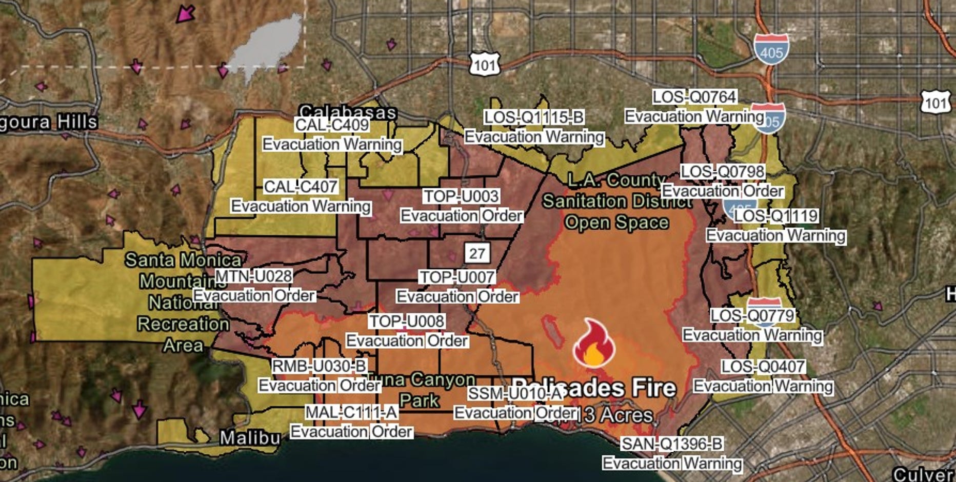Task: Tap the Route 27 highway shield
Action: click(x=477, y=253)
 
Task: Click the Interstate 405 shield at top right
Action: click(x=771, y=50)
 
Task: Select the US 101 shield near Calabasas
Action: click(x=484, y=65)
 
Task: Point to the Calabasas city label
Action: click(x=348, y=111)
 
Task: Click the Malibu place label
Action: click(x=250, y=437)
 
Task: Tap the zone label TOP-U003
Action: click(x=461, y=196)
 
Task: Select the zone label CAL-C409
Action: click(x=332, y=125)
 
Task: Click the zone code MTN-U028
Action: click(x=253, y=276)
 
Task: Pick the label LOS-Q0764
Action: click(x=694, y=96)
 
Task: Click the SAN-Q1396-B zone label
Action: click(x=672, y=444)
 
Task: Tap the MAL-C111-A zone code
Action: click(x=351, y=412)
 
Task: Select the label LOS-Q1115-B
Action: click(x=534, y=117)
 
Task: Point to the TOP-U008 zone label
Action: click(x=407, y=321)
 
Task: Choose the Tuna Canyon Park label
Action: click(x=421, y=390)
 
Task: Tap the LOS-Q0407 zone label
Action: click(x=763, y=366)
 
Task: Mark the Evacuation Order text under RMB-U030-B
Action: click(x=319, y=385)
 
